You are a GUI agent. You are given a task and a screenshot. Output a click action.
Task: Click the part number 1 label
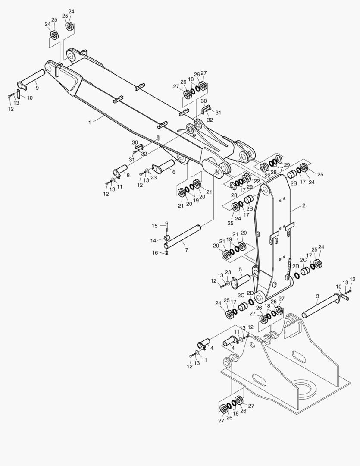pos(90,123)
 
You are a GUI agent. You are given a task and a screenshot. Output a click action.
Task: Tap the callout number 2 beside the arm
pos(304,205)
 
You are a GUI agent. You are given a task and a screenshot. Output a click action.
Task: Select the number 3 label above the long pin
pos(317,296)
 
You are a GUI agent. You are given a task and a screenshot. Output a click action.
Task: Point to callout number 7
pos(187,250)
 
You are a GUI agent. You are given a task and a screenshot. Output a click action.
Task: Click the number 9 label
pos(37,88)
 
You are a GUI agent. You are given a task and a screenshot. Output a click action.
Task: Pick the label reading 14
pos(153,240)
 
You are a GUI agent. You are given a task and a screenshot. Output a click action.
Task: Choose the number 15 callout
pos(155,226)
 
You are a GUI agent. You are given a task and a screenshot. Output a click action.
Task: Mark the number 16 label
pos(155,252)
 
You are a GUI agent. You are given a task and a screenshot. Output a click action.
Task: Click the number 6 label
pos(174,172)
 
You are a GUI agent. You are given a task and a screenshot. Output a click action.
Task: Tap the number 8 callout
pos(128,175)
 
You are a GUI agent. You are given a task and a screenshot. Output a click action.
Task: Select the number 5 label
pos(240,269)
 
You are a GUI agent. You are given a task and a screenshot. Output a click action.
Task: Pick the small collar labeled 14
pos(167,238)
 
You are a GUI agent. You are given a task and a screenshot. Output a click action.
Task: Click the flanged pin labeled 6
pos(163,167)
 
